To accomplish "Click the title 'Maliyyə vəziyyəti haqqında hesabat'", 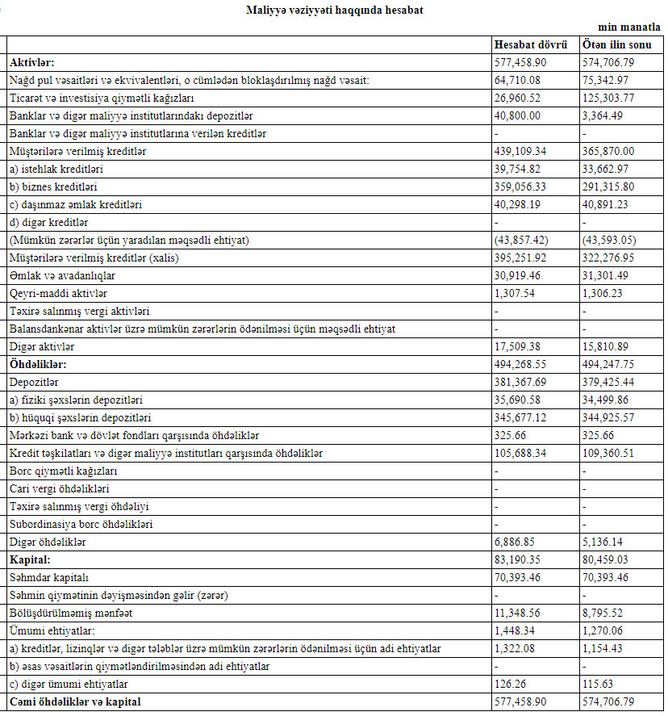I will click(333, 10).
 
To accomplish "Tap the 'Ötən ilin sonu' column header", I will click(617, 44).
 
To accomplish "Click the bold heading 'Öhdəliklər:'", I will click(37, 364).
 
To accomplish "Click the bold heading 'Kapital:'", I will click(31, 559).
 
